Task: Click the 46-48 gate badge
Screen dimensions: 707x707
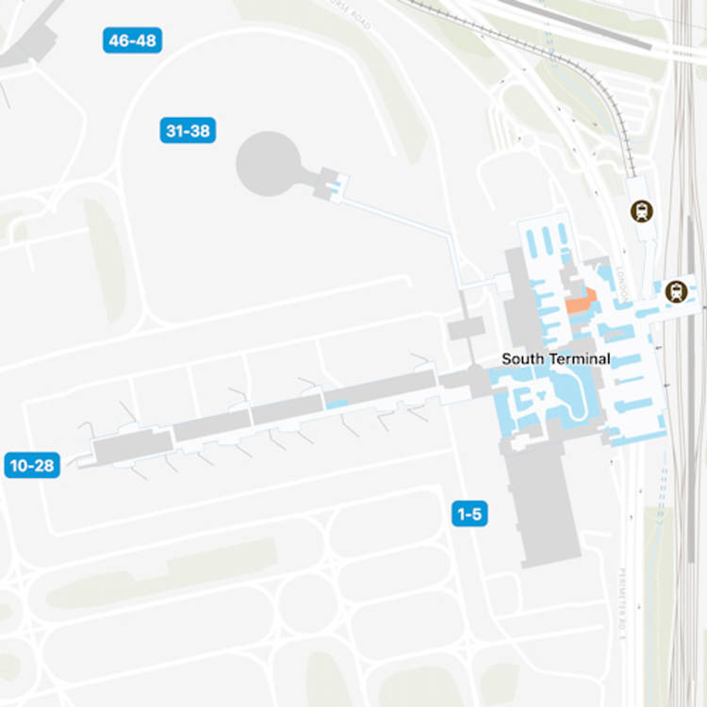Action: coord(133,41)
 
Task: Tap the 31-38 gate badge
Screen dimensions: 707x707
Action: coord(187,131)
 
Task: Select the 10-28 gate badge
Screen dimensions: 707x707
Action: coord(31,465)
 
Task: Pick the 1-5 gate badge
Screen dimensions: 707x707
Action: coord(469,514)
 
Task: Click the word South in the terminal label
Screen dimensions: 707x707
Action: coord(520,359)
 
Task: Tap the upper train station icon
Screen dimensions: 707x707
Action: coord(643,210)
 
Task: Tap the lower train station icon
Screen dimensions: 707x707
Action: coord(675,291)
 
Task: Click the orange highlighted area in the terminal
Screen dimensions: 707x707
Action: coord(579,303)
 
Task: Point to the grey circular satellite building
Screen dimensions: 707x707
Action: coord(267,164)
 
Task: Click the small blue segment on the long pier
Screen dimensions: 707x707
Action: coord(337,404)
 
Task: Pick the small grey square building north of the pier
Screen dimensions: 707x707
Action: coord(466,328)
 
